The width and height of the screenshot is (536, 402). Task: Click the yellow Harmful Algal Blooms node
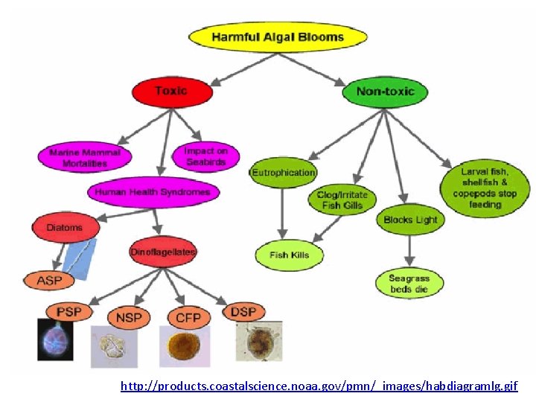[278, 36]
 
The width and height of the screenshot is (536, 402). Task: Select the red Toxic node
[171, 92]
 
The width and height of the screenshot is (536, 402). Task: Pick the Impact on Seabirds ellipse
[205, 156]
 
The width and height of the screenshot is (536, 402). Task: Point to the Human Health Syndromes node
[153, 192]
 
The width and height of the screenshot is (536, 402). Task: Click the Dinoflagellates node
[163, 252]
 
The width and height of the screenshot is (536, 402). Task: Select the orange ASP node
[48, 281]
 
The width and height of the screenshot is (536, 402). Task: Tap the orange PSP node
[68, 311]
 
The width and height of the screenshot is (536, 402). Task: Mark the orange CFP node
[188, 318]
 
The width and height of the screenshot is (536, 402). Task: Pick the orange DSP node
[243, 312]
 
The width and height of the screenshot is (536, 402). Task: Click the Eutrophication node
[283, 173]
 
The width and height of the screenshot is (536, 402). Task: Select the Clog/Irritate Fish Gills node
[342, 200]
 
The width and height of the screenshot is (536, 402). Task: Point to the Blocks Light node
[410, 220]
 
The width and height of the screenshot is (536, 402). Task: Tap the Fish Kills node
[290, 255]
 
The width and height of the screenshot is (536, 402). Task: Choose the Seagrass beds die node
[409, 284]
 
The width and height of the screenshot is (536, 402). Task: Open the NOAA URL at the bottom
[319, 386]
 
